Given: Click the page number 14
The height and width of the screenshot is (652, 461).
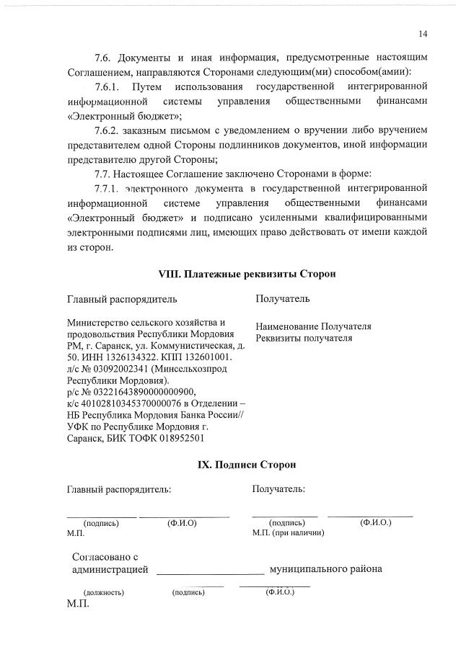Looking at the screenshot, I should click(x=422, y=33).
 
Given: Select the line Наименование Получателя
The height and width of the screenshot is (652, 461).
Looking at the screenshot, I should click(x=313, y=326).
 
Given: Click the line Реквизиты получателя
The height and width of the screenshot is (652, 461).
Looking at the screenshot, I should click(x=304, y=337).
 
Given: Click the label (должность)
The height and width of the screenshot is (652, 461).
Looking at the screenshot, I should click(x=104, y=592).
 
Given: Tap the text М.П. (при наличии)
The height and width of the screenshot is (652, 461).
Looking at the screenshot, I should click(x=288, y=532).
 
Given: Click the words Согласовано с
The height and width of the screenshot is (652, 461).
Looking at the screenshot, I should click(x=105, y=557).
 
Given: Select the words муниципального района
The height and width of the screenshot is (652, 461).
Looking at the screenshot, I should click(x=325, y=569).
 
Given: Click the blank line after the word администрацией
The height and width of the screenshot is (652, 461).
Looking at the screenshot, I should click(x=210, y=571).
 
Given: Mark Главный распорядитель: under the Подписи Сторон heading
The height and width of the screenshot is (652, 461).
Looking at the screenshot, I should click(x=119, y=489).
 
